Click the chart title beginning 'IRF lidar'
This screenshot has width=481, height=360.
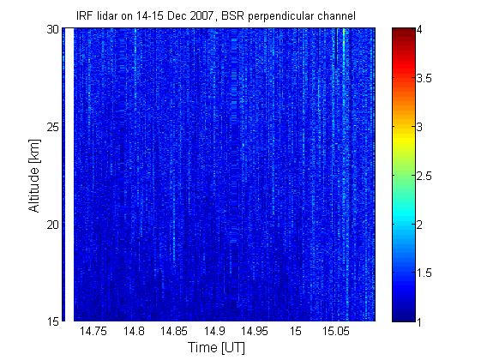point(216,15)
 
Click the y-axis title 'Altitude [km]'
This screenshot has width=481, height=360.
point(34,176)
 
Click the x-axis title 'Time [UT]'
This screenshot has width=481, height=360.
point(217,348)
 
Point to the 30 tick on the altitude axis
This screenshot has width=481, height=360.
point(53,30)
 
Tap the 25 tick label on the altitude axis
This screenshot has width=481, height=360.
point(53,127)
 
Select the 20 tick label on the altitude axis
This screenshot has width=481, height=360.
point(53,225)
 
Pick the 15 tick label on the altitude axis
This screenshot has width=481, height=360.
point(53,321)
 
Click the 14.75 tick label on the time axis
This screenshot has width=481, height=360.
point(93,332)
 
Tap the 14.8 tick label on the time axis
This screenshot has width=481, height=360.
point(134,332)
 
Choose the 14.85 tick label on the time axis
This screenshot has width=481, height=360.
point(174,332)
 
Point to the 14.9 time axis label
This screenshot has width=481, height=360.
point(214,332)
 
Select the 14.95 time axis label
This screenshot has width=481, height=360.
point(255,332)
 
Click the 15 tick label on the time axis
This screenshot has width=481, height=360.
point(296,332)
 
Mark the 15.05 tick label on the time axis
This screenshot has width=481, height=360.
point(335,332)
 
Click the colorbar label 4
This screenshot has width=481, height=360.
point(419,30)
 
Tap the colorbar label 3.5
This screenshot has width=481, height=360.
point(424,78)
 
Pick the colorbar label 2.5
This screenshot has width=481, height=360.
point(424,176)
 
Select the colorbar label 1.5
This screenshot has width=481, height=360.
point(424,273)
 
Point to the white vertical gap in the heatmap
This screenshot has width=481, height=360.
point(69,175)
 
